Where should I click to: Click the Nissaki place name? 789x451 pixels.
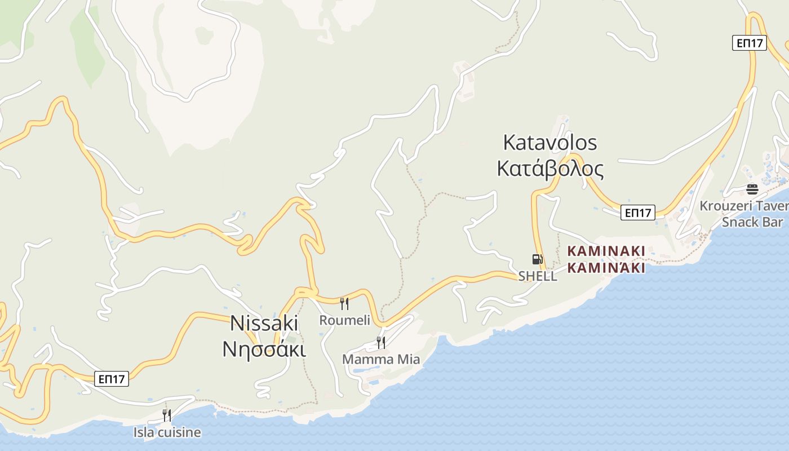pos(264,323)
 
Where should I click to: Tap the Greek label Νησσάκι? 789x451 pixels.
pos(264,350)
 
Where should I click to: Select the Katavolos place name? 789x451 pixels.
pos(549,143)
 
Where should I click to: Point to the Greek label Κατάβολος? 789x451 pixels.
pos(550,169)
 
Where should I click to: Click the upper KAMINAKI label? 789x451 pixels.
pos(606,251)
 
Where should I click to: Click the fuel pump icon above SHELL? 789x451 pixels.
pos(537,259)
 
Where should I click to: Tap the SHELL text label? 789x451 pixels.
pos(538,276)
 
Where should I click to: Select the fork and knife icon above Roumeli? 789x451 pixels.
pos(344,304)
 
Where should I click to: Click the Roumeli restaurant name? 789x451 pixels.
pos(344,320)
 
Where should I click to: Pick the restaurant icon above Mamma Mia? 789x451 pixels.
pos(381,342)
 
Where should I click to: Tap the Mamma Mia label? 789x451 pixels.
pos(381,359)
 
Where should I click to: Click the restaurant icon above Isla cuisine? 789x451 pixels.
pos(167,415)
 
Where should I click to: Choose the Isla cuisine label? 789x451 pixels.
pos(167,432)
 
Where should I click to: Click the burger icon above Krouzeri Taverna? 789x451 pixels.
pos(752,189)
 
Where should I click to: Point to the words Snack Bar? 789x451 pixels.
pos(752,222)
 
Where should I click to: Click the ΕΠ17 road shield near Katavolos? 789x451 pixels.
pos(638,213)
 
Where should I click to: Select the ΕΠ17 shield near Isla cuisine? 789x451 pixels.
pos(112,379)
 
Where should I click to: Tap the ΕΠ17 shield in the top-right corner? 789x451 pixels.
pos(750,43)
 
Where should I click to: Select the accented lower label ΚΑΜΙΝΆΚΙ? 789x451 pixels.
pos(606,268)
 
